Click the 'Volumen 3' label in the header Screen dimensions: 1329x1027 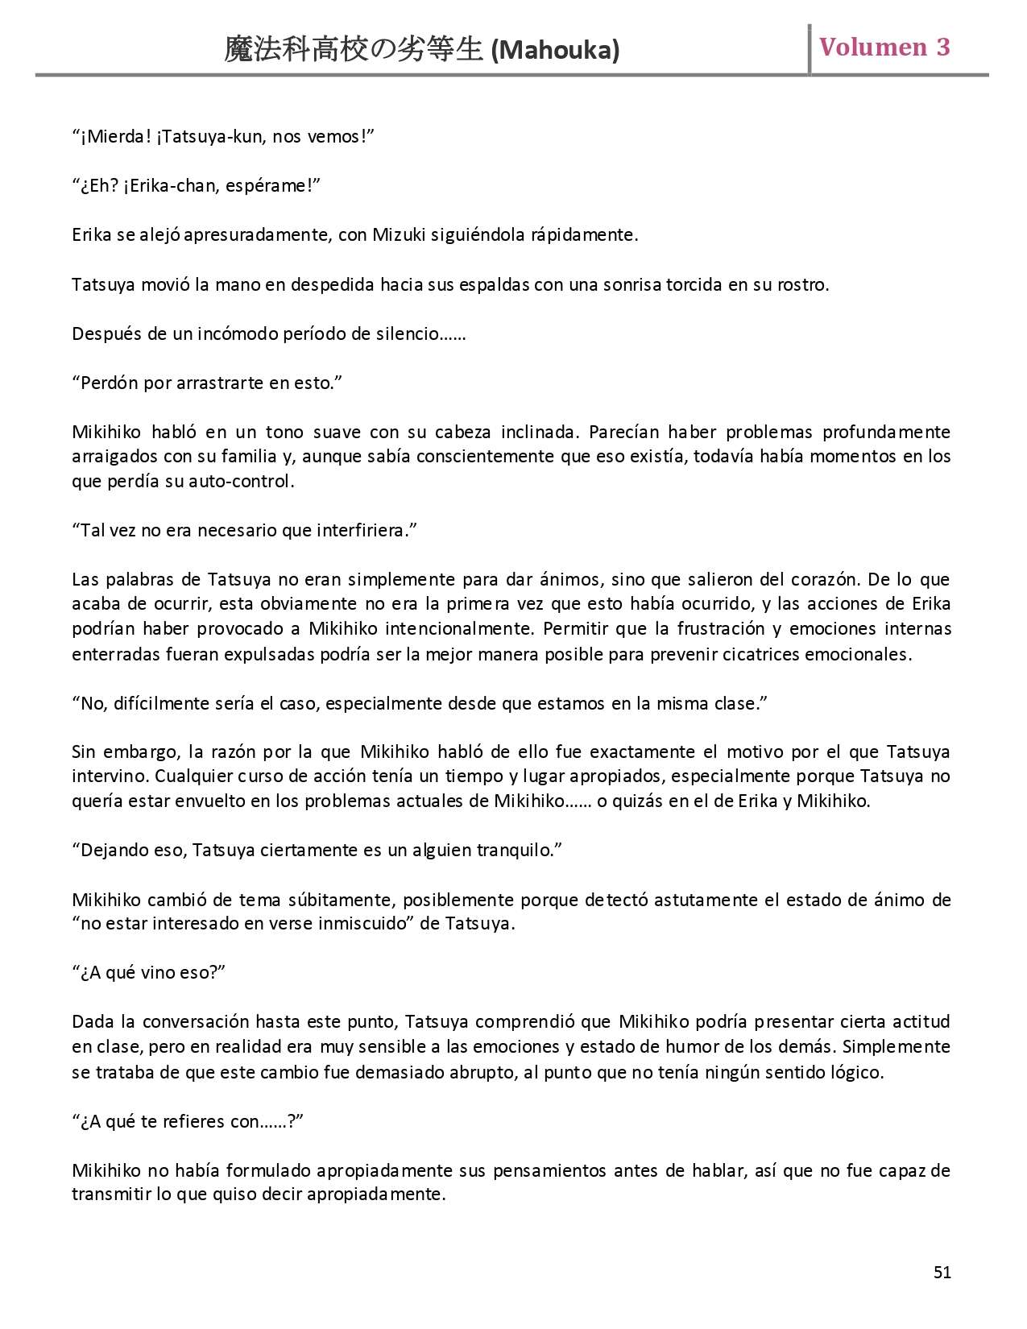[x=884, y=47]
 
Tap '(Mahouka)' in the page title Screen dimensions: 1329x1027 [x=555, y=51]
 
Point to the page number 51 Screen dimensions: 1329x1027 [x=942, y=1272]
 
